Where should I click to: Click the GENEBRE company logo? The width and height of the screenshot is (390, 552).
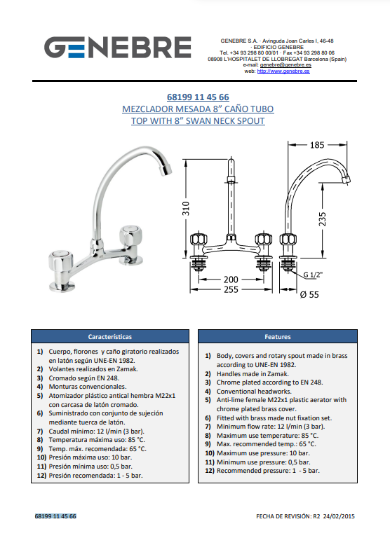tap(118, 47)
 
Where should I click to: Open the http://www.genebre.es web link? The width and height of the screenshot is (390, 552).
tap(283, 71)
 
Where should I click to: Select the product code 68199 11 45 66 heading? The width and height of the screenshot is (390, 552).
tap(198, 97)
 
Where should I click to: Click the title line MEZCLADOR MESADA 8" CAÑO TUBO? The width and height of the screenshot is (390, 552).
tap(198, 109)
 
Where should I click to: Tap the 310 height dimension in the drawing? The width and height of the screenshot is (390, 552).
tap(186, 209)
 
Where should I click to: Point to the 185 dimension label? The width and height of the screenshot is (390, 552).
tap(317, 145)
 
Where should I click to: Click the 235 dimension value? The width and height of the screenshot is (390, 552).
tap(322, 219)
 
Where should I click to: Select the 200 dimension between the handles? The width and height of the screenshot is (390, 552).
tap(231, 280)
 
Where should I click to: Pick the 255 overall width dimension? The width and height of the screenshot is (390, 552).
tap(231, 290)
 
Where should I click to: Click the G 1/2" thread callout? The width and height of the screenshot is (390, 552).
tap(313, 275)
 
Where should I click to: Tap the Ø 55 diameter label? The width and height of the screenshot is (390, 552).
tap(309, 295)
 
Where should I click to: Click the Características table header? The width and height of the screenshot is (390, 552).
tap(110, 337)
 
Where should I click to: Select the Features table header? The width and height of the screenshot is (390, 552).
tap(278, 337)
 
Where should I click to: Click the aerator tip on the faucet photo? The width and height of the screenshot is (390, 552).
tap(166, 170)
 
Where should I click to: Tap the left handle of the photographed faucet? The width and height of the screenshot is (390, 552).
tap(60, 262)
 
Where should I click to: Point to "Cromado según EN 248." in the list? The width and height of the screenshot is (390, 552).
tap(84, 378)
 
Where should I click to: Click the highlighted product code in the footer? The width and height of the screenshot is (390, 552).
tap(55, 516)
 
